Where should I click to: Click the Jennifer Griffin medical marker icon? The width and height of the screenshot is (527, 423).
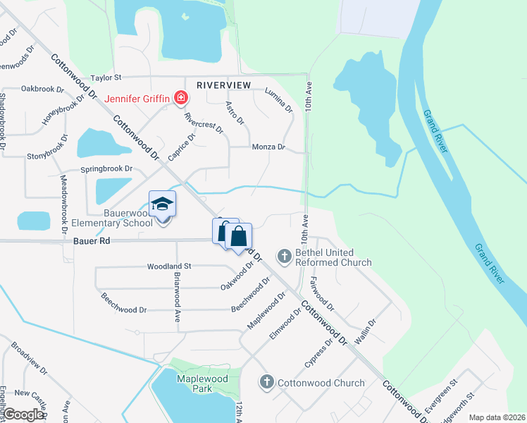coord(181,98)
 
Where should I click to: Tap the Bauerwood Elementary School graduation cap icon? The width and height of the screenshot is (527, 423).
coord(163,204)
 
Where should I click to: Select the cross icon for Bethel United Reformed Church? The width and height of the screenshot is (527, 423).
coord(285,256)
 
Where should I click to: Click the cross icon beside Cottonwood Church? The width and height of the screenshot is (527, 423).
coord(266,383)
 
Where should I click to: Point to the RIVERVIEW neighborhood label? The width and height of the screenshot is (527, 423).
coord(223,85)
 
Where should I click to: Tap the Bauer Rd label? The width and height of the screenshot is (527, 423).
coord(92,240)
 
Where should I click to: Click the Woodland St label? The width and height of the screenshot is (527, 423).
coord(169,266)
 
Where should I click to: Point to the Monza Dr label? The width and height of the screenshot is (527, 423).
coord(268,147)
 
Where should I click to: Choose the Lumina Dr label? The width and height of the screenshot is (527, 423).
coord(278,100)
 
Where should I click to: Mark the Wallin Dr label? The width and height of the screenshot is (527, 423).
coord(366,329)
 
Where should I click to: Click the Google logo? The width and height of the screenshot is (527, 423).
coord(23,414)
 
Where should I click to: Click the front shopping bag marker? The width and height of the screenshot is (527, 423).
coord(240,236)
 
